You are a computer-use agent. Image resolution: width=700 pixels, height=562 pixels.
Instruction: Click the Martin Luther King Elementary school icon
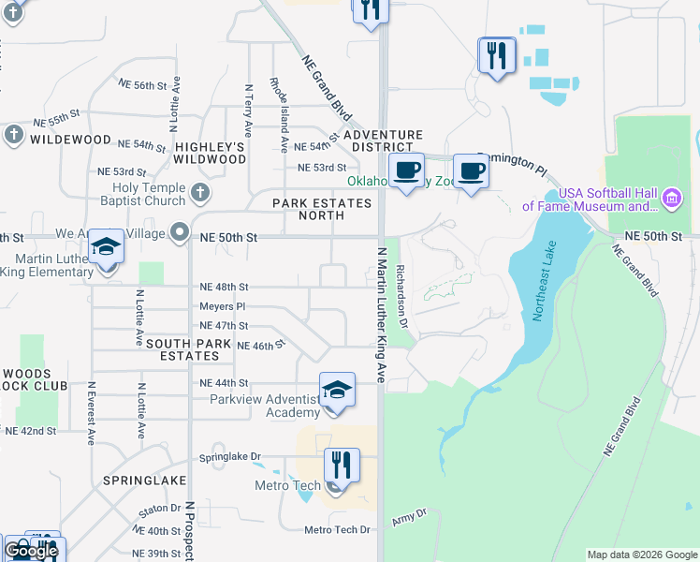point(107,249)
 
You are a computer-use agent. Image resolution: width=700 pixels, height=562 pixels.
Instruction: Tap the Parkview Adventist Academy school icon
point(337,391)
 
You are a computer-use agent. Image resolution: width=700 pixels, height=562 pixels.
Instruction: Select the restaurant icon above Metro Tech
point(342,466)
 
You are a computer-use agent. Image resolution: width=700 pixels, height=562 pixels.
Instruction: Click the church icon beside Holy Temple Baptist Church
point(198,194)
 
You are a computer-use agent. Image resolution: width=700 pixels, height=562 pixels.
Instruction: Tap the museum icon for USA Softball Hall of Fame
point(671,199)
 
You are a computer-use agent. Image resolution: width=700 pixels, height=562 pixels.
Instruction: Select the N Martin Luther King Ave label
point(381,315)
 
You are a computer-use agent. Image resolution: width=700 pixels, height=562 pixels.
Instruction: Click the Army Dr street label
point(408,514)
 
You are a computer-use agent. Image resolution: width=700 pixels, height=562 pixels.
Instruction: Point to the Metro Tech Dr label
point(338,530)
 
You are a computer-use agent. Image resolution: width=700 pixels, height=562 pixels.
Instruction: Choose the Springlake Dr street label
point(229,458)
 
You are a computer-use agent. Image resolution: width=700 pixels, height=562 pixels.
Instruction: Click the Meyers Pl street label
point(222,306)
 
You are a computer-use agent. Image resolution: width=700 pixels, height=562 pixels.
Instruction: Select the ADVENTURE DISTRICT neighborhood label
point(383,141)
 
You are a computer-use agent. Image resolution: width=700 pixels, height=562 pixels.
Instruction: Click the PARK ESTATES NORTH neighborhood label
point(322,209)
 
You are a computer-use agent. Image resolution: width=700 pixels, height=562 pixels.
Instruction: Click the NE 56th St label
point(143,84)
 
